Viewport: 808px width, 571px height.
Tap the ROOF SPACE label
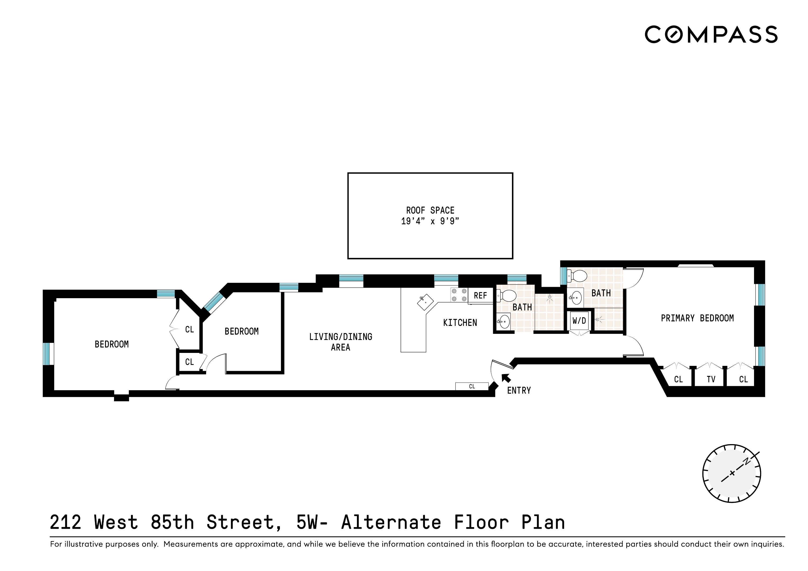coord(430,210)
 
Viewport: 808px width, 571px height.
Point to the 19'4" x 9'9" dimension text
coord(430,221)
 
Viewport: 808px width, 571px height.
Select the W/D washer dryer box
coord(579,320)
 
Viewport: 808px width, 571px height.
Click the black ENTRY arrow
coord(506,377)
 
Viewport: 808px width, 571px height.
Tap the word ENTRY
coord(519,390)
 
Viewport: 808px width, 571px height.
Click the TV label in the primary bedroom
coord(711,379)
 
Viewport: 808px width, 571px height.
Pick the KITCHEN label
coord(460,323)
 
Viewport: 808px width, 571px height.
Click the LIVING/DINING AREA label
coord(340,342)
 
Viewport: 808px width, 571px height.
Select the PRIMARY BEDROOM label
coord(697,318)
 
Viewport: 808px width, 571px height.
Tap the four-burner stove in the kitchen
coord(459,295)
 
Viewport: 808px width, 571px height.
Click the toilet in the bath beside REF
coord(507,296)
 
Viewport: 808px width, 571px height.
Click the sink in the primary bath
coord(576,298)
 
